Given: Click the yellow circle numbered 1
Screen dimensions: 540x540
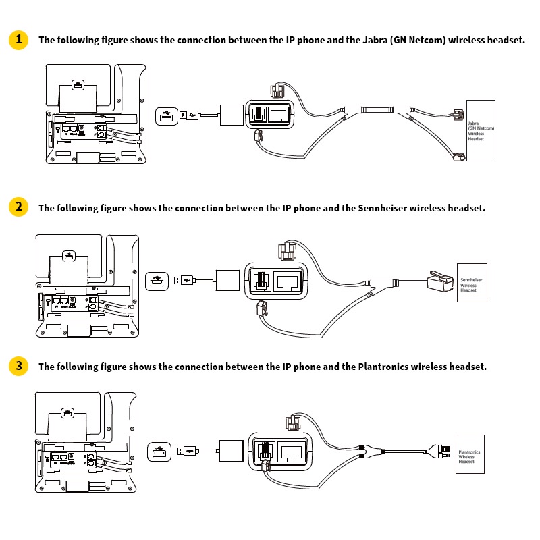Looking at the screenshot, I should pos(18,39).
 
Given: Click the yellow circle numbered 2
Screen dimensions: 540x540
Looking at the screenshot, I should pos(18,207).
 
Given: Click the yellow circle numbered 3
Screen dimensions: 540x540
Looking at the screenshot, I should pos(18,366).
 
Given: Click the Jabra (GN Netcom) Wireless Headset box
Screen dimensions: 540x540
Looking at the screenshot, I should pos(481,131).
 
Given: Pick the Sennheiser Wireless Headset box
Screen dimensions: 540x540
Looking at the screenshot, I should pos(471,282).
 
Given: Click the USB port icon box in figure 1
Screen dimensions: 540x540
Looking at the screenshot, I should pos(167,116).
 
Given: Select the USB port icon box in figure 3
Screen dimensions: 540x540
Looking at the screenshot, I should pos(159,450).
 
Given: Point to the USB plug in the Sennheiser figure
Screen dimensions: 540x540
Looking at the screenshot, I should pos(184,279).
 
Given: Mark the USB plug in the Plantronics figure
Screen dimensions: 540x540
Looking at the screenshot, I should pos(187,450).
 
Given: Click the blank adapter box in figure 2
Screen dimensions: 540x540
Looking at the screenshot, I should pos(227,279).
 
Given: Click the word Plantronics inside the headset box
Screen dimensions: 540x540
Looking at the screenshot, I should pos(469,452).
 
